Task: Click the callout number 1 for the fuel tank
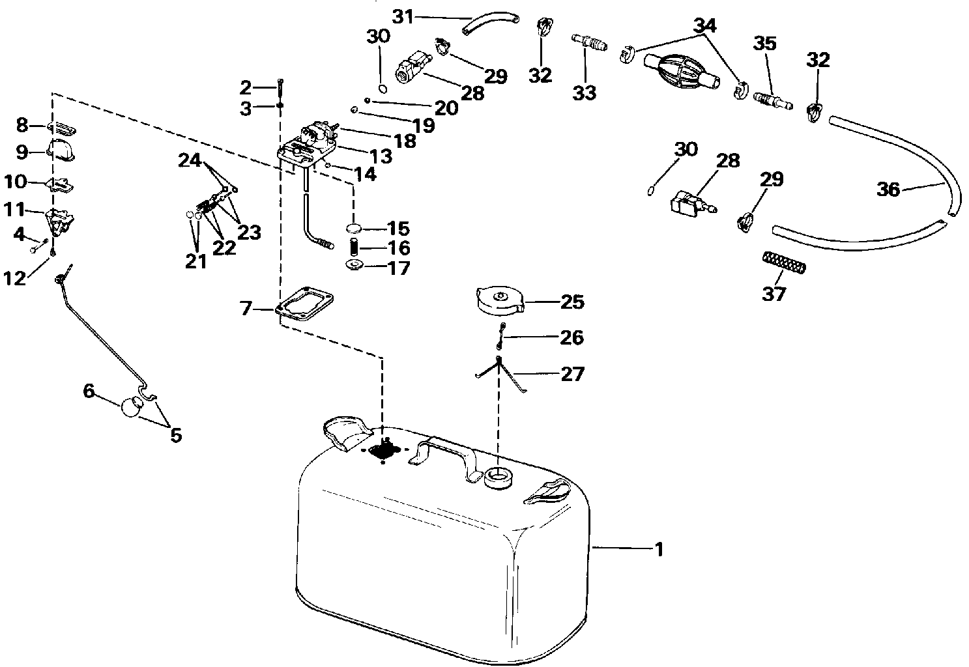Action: (x=659, y=550)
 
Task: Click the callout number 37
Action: (x=774, y=294)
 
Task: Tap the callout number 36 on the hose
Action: (x=888, y=190)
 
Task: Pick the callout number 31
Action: (x=403, y=17)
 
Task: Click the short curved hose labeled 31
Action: (x=491, y=24)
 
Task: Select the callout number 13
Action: (x=381, y=156)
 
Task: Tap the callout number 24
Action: (x=190, y=160)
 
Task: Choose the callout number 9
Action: (x=22, y=152)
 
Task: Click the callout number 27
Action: (x=572, y=374)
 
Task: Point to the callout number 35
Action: (x=765, y=43)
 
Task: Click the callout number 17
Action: (x=399, y=268)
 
